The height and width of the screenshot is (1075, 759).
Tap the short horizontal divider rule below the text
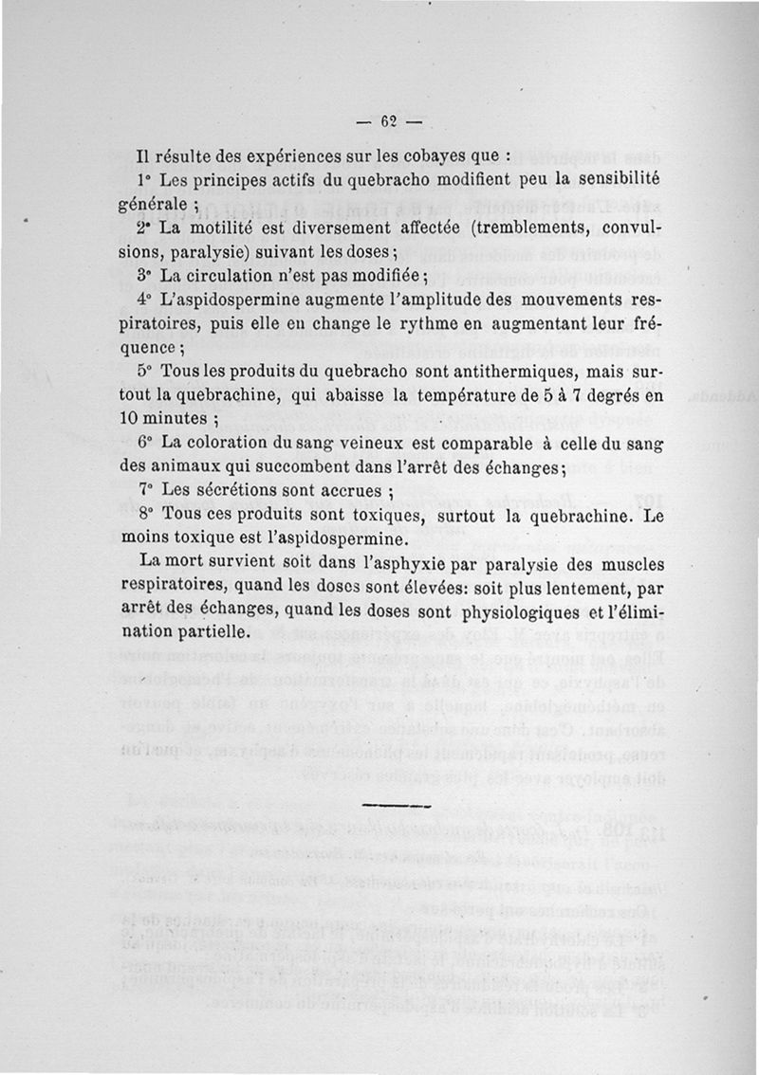(x=398, y=805)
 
